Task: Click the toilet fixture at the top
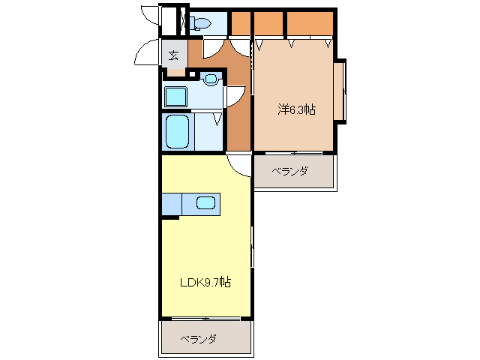[200, 24]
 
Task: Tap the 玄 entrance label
[173, 55]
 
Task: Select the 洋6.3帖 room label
[296, 109]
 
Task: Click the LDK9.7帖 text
[204, 283]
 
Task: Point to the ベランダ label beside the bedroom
[289, 172]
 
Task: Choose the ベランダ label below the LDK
[198, 339]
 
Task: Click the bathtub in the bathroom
[177, 131]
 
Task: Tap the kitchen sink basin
[205, 202]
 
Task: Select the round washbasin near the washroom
[211, 78]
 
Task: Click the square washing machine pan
[176, 97]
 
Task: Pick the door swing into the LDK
[238, 164]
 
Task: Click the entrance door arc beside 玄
[148, 55]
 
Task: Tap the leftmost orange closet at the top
[240, 24]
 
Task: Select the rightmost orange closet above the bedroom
[310, 23]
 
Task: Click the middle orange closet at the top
[268, 24]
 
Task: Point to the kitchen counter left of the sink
[172, 202]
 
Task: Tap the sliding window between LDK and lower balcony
[204, 320]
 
